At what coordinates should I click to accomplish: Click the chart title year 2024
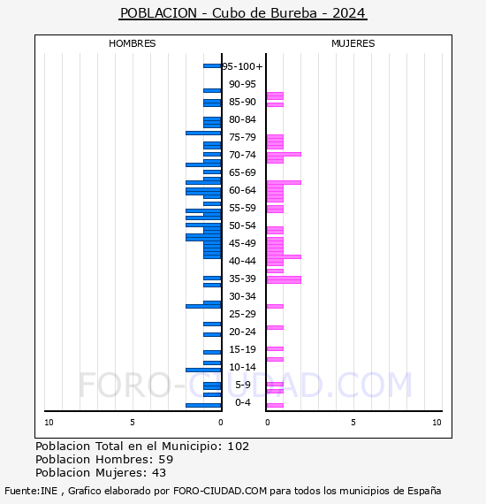pyautogui.click(x=349, y=13)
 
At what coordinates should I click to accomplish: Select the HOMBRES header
pyautogui.click(x=132, y=43)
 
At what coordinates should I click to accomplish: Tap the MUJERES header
pyautogui.click(x=353, y=43)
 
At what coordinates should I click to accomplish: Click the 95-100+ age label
pyautogui.click(x=243, y=66)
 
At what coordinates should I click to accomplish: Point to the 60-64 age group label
pyautogui.click(x=242, y=190)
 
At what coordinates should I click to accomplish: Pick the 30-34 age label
pyautogui.click(x=242, y=296)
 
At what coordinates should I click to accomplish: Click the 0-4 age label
pyautogui.click(x=243, y=402)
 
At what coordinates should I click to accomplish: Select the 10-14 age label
pyautogui.click(x=242, y=367)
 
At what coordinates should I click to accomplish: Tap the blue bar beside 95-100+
pyautogui.click(x=212, y=66)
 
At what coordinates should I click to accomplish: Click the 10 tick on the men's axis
pyautogui.click(x=49, y=423)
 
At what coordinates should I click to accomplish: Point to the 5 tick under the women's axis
pyautogui.click(x=353, y=423)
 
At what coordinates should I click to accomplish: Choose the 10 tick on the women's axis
pyautogui.click(x=437, y=423)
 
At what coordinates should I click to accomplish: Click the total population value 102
pyautogui.click(x=239, y=447)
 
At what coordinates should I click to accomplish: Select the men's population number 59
pyautogui.click(x=166, y=459)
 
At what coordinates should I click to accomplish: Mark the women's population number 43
pyautogui.click(x=159, y=473)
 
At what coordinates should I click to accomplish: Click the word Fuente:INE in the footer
pyautogui.click(x=31, y=491)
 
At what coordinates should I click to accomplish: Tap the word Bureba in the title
pyautogui.click(x=294, y=13)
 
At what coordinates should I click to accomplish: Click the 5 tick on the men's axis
pyautogui.click(x=133, y=423)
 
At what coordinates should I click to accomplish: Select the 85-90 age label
pyautogui.click(x=242, y=102)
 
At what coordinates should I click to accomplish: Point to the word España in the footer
pyautogui.click(x=424, y=491)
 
